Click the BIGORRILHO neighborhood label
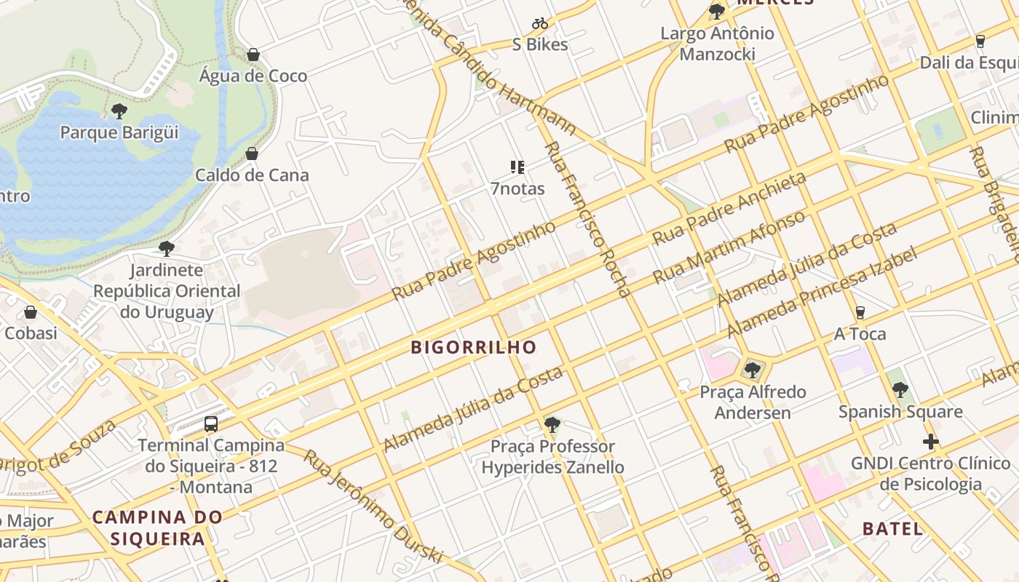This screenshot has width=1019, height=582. tap(473, 347)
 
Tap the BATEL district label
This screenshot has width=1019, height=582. tap(892, 529)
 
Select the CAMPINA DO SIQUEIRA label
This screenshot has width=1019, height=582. tap(157, 528)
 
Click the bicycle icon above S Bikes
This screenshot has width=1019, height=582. tap(539, 23)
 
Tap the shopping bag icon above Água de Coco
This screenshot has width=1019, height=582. tap(253, 55)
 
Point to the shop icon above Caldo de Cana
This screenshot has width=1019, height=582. tap(252, 154)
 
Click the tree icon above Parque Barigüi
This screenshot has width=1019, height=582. tap(119, 111)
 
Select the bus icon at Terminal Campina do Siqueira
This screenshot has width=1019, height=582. tap(211, 423)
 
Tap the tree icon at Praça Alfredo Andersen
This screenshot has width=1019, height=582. tap(753, 370)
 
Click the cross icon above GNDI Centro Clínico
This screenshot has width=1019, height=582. tap(930, 442)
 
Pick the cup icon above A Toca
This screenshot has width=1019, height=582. tap(860, 313)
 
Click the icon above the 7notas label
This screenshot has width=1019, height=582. tap(518, 168)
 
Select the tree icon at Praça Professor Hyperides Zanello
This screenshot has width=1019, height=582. tap(552, 424)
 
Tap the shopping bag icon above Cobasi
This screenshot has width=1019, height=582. tap(31, 312)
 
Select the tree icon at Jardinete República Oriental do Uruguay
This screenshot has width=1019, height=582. tap(166, 249)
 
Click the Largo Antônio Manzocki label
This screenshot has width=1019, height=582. tap(717, 44)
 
